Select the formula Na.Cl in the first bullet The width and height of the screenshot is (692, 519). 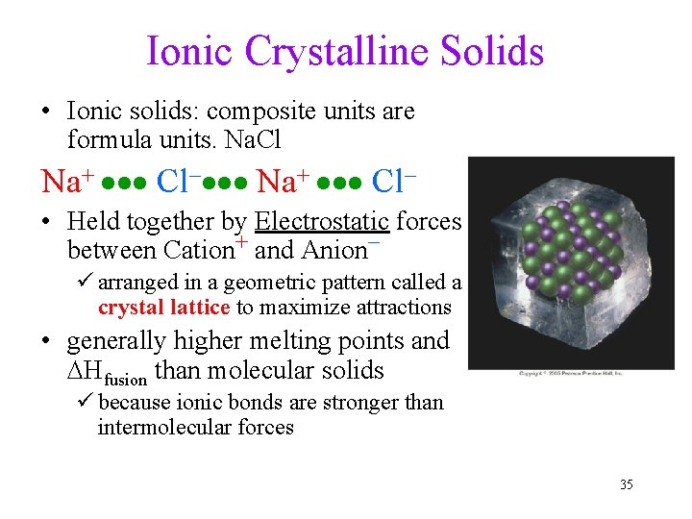251,140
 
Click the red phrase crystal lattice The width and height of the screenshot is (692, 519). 163,308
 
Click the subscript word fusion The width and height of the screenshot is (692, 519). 127,377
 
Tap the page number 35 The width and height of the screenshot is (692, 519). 626,484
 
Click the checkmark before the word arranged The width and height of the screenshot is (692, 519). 86,283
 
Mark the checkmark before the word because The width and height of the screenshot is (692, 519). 86,402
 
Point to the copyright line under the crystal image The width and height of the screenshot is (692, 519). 571,373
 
